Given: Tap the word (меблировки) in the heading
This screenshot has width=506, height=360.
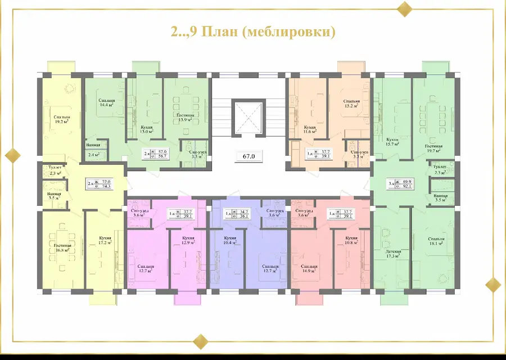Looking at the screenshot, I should [x=293, y=31].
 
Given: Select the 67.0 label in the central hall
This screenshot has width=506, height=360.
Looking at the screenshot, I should [x=248, y=157].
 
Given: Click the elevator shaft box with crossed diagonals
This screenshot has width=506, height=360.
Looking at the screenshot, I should [x=248, y=117].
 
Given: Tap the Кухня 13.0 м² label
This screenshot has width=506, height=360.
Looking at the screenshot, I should [x=146, y=130].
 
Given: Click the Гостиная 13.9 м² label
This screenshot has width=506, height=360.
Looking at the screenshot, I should [x=183, y=117].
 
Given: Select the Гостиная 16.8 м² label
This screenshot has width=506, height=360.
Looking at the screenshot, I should [x=62, y=248].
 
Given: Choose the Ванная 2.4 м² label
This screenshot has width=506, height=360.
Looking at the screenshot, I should [x=93, y=149].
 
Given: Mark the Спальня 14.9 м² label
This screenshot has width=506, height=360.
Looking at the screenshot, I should [x=309, y=268].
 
